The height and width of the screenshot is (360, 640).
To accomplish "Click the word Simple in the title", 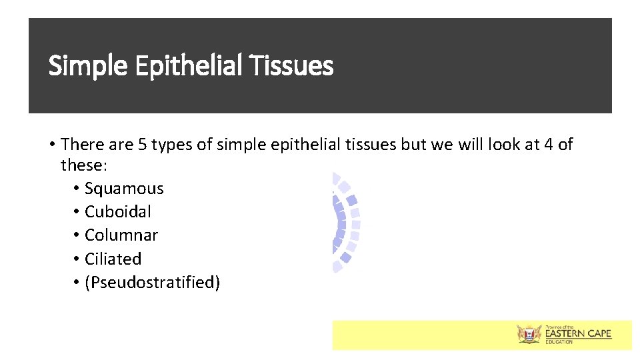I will pyautogui.click(x=89, y=66).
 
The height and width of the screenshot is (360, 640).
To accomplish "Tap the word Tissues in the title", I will pyautogui.click(x=291, y=66).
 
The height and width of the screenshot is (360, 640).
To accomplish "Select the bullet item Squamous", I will pyautogui.click(x=124, y=189).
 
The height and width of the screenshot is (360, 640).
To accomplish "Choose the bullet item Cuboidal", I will pyautogui.click(x=118, y=212).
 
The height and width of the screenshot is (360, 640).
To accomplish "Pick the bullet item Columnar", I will pyautogui.click(x=121, y=235).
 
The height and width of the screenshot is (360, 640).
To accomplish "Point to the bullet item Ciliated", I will pyautogui.click(x=113, y=259).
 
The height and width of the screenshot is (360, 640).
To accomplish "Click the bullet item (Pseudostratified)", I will pyautogui.click(x=152, y=283).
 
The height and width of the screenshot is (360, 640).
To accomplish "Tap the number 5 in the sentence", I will pyautogui.click(x=143, y=145).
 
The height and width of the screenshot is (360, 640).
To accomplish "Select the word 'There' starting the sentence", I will pyautogui.click(x=83, y=145).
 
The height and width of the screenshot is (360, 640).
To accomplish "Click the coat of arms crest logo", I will pyautogui.click(x=530, y=334).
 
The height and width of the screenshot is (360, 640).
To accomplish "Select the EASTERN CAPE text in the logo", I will pyautogui.click(x=578, y=333).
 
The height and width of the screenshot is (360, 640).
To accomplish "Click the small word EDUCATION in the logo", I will pyautogui.click(x=559, y=342).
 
